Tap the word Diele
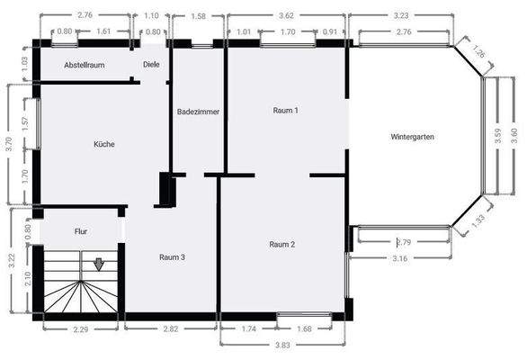151,65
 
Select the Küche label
104,144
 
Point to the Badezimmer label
199,112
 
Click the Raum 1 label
285,110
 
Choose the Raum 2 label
283,244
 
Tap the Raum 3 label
172,257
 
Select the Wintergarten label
414,138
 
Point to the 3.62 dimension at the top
287,16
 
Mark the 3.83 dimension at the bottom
281,345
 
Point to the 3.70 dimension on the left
9,141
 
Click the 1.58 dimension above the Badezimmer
199,16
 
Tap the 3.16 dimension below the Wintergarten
402,259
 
